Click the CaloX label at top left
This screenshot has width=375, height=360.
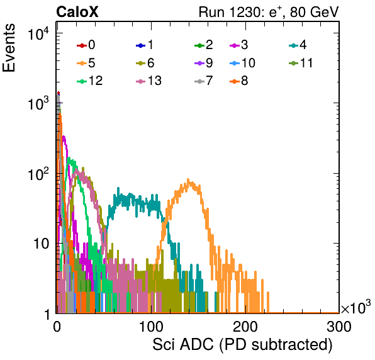pos(77,12)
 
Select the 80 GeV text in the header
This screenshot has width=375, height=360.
pos(314,12)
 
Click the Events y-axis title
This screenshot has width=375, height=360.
pos(9,48)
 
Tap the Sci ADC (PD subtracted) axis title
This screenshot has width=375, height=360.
pos(242,345)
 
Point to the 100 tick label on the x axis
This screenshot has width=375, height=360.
pos(151,327)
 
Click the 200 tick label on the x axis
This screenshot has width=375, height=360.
pos(245,327)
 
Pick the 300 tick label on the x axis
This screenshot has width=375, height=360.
pos(339,327)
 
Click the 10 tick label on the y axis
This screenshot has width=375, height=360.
pos(41,244)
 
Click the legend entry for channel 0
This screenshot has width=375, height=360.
pos(86,45)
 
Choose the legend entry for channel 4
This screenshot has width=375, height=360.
pos(298,45)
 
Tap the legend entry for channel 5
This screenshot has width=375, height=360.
pos(86,63)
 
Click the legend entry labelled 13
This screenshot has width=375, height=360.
pos(148,81)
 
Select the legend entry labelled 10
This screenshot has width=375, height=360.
pos(242,63)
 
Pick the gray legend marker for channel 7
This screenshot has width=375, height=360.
pos(199,81)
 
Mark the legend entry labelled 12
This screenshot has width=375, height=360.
pos(90,81)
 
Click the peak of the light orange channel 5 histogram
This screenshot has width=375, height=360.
pos(188,179)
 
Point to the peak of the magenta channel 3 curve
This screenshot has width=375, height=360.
pos(64,137)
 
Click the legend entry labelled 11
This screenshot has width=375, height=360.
pos(301,63)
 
